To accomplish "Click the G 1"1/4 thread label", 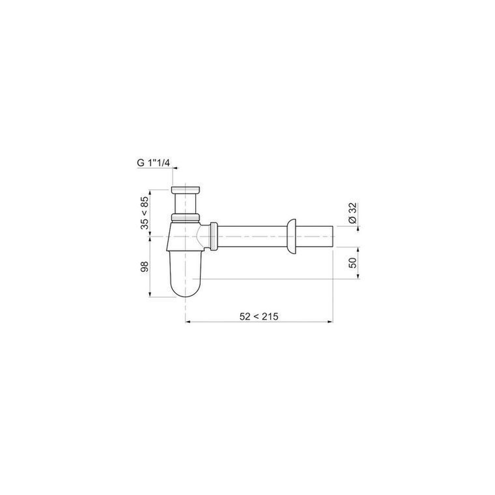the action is click(154, 163).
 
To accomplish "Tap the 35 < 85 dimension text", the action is click(144, 213).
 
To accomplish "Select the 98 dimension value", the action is click(144, 267).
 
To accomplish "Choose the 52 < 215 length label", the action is click(259, 316).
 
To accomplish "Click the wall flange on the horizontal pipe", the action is click(292, 236).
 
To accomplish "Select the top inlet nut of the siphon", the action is click(185, 190).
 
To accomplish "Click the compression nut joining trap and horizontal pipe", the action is click(214, 236).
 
